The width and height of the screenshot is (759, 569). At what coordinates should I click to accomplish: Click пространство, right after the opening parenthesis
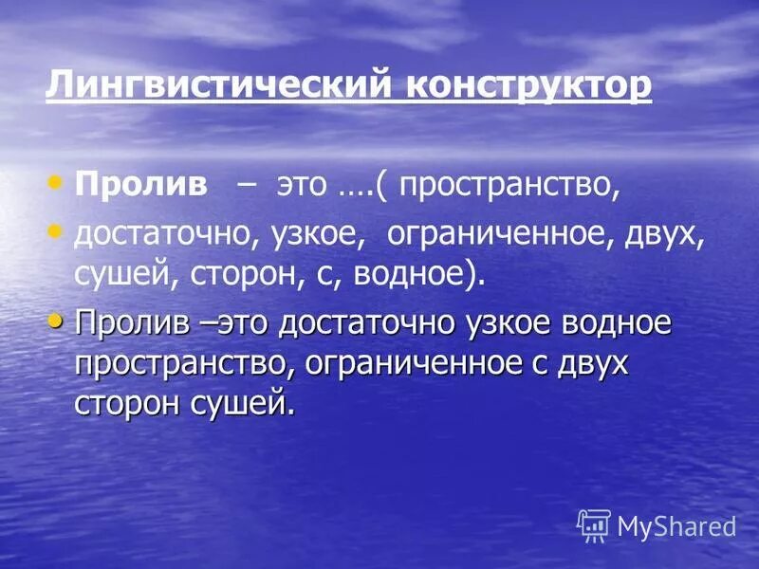coord(509,185)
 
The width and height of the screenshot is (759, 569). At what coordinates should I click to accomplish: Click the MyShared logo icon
coord(594,524)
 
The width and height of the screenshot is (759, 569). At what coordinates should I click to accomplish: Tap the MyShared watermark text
coord(676,525)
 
